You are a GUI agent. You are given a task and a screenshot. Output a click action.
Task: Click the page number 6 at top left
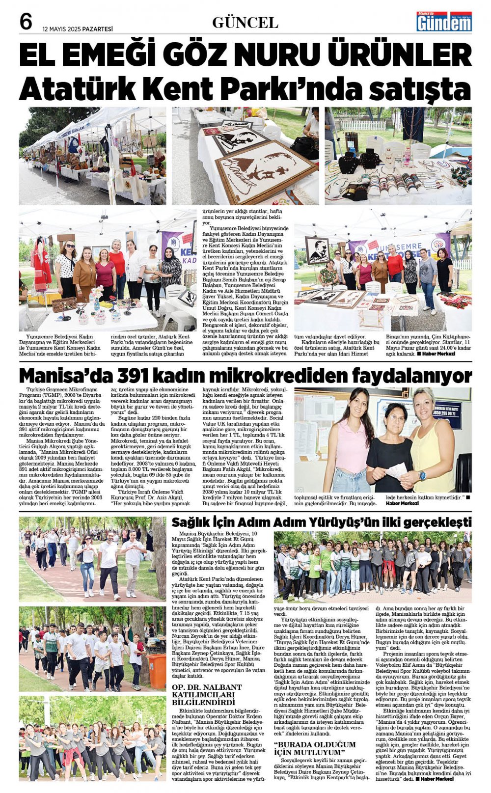(x=26, y=22)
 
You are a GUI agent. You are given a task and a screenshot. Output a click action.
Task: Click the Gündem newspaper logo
(x=444, y=22)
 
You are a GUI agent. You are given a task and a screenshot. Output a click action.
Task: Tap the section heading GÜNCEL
(x=245, y=23)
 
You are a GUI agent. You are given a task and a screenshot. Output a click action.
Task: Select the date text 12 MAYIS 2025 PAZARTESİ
(x=78, y=29)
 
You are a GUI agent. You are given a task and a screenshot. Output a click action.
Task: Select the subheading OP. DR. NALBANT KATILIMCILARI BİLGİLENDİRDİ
(x=207, y=694)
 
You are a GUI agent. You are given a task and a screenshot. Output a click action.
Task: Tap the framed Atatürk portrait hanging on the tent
(x=317, y=250)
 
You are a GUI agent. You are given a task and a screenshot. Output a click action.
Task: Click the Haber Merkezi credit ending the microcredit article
(x=402, y=503)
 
